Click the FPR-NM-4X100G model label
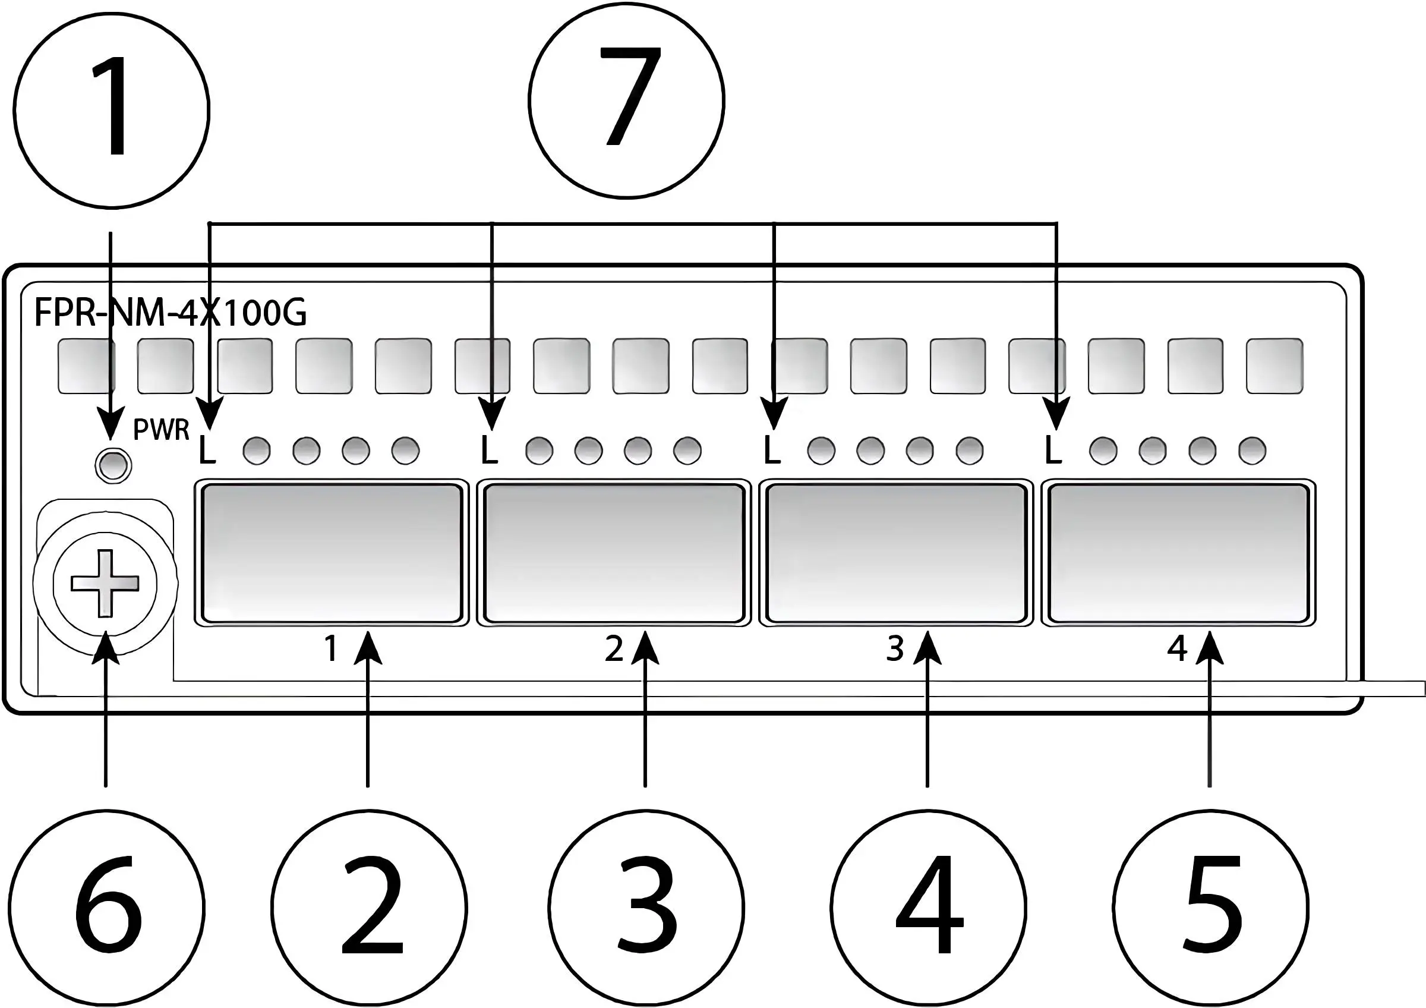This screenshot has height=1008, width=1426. pyautogui.click(x=170, y=313)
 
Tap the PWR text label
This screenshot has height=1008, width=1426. pyautogui.click(x=162, y=429)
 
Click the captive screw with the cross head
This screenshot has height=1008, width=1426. pyautogui.click(x=105, y=583)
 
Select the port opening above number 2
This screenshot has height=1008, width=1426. pyautogui.click(x=614, y=553)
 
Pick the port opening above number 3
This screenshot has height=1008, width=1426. pyautogui.click(x=895, y=553)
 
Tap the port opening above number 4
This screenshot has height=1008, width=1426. pyautogui.click(x=1178, y=553)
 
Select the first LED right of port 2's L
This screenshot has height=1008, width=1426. pyautogui.click(x=539, y=451)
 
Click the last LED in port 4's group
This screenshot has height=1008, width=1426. pyautogui.click(x=1252, y=451)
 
